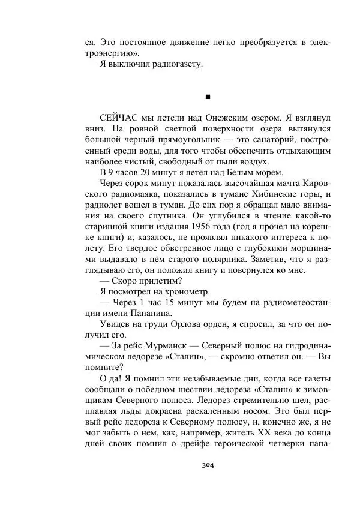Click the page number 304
(x=208, y=465)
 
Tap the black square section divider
(x=208, y=96)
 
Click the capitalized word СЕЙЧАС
(x=121, y=118)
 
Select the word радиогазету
(x=173, y=64)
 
